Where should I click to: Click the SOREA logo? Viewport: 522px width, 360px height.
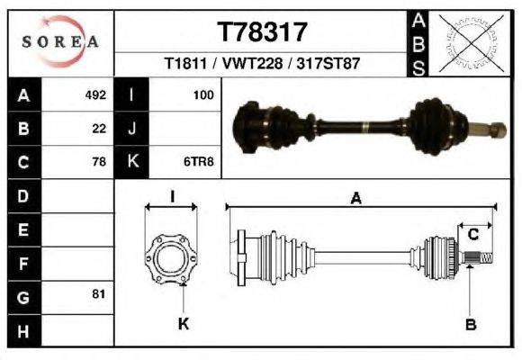tap(59, 41)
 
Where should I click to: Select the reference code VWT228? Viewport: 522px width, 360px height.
tap(262, 65)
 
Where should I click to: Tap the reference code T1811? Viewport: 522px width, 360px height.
tap(185, 65)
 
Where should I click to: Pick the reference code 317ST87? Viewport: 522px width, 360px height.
tap(335, 65)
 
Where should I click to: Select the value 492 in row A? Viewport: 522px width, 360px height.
tap(95, 94)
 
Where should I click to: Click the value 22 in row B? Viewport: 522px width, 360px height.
tap(100, 128)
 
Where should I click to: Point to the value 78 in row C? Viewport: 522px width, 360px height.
tap(100, 162)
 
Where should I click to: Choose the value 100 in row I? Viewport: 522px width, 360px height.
tap(202, 94)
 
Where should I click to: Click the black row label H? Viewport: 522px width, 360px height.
tap(22, 330)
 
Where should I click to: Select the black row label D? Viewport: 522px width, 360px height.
tap(22, 195)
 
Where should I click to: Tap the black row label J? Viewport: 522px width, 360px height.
tap(132, 128)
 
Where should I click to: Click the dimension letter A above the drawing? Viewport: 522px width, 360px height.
tap(356, 200)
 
